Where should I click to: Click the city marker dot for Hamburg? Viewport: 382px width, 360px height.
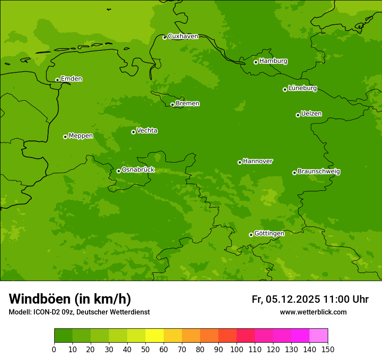pyautogui.click(x=256, y=62)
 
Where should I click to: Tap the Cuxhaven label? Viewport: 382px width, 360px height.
pyautogui.click(x=183, y=36)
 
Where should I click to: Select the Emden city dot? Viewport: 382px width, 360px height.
pyautogui.click(x=57, y=80)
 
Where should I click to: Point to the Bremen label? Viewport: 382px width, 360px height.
pyautogui.click(x=188, y=104)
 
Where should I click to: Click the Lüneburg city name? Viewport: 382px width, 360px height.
pyautogui.click(x=303, y=88)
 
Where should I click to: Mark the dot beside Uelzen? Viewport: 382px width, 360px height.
pyautogui.click(x=298, y=115)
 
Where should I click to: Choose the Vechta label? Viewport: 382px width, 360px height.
pyautogui.click(x=147, y=131)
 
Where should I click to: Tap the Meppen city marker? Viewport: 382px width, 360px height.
pyautogui.click(x=65, y=137)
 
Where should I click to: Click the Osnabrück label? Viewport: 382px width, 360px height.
pyautogui.click(x=138, y=170)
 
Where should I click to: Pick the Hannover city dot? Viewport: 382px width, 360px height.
pyautogui.click(x=240, y=162)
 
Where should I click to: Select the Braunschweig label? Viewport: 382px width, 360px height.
pyautogui.click(x=319, y=172)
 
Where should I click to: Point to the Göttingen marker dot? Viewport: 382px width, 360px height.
pyautogui.click(x=251, y=235)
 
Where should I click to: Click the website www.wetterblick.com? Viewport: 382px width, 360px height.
pyautogui.click(x=313, y=312)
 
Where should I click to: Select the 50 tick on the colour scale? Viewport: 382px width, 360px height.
pyautogui.click(x=145, y=349)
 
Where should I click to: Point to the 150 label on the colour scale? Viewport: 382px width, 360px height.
pyautogui.click(x=328, y=349)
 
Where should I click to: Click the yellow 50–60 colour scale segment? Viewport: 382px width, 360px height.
pyautogui.click(x=155, y=336)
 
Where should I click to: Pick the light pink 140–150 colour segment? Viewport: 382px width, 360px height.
pyautogui.click(x=319, y=336)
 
